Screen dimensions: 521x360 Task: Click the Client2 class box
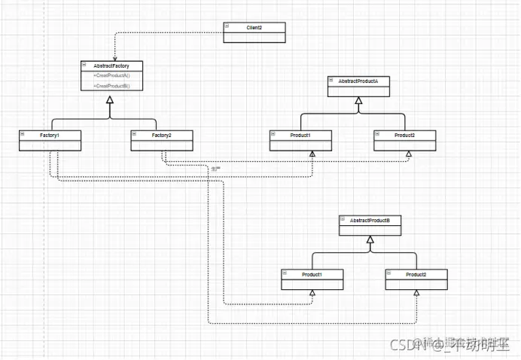[x=254, y=28]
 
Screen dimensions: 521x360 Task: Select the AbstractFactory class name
[x=111, y=66]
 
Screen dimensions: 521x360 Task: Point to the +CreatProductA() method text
[x=111, y=76]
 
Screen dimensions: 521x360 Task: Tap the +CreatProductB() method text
[x=111, y=86]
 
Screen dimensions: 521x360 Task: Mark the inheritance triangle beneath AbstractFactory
[x=110, y=101]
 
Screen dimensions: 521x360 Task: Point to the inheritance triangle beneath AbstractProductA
[x=358, y=101]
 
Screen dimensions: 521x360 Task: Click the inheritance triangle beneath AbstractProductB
[x=370, y=240]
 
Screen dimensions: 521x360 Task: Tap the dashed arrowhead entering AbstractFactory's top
[x=114, y=58]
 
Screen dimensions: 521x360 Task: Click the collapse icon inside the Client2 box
[x=227, y=26]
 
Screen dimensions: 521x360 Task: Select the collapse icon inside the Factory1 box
[x=23, y=134]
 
